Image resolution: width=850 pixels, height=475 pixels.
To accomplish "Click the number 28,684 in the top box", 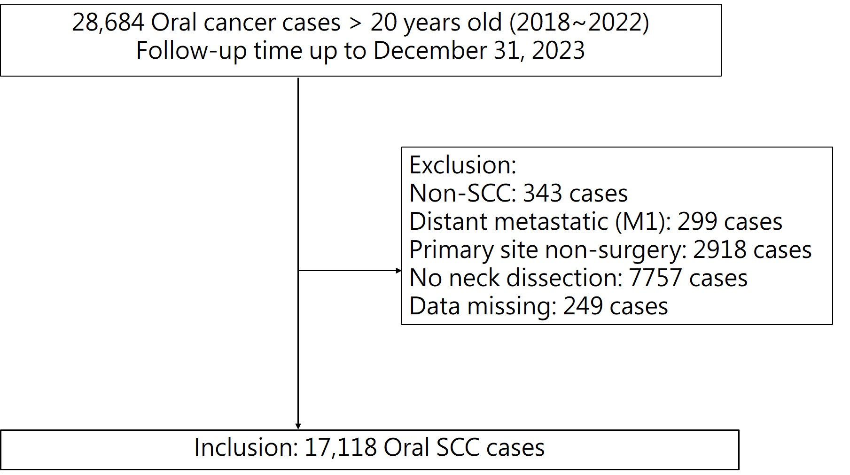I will point(108,22).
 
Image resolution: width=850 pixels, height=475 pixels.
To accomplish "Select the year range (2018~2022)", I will point(579,22).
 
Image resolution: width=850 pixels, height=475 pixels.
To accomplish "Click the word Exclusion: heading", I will point(463,165).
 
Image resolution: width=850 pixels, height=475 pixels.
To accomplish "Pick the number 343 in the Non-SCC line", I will point(542,193).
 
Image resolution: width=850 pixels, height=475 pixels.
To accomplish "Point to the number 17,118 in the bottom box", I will point(340,447).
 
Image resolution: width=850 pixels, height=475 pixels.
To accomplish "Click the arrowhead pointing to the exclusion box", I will point(399,271).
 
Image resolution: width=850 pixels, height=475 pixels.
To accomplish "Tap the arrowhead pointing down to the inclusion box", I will point(298,426).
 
